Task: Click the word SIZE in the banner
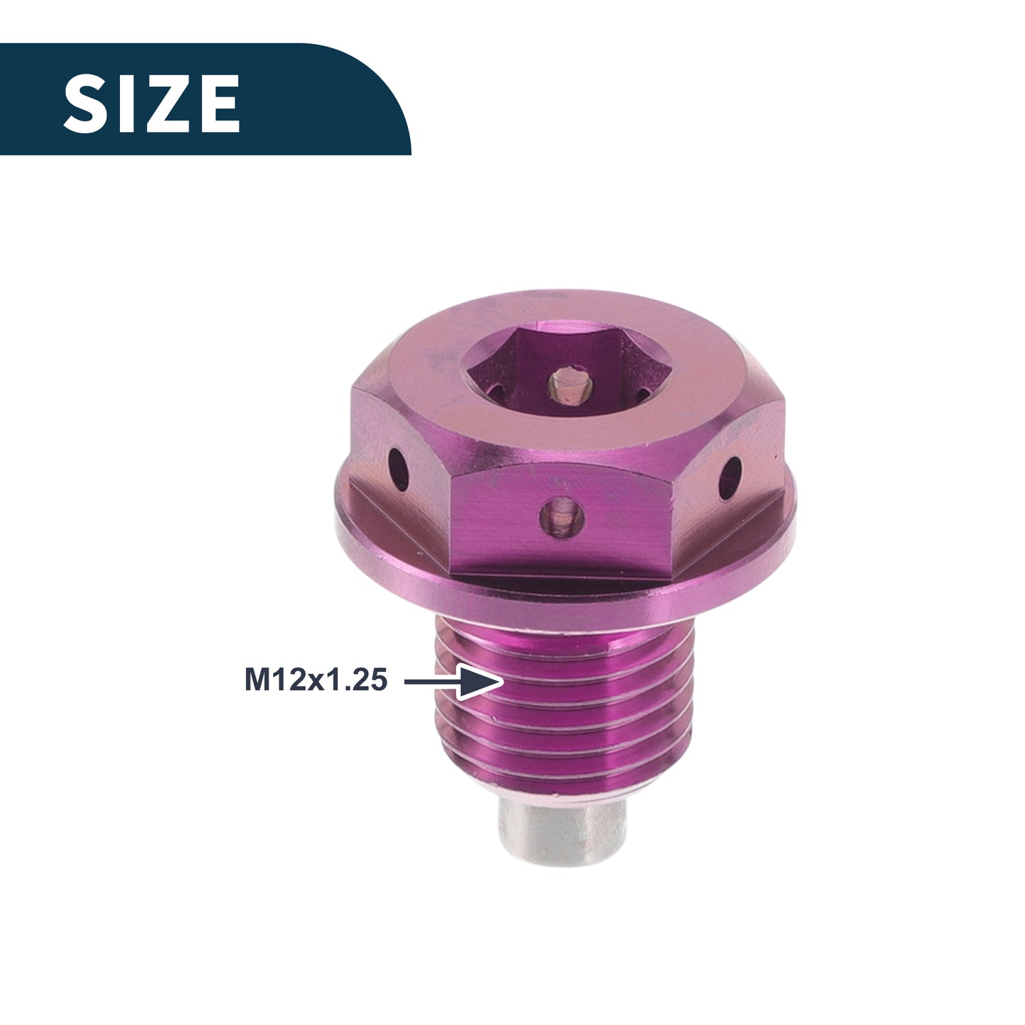tap(152, 103)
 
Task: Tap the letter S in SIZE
tap(84, 103)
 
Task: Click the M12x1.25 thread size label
tap(316, 680)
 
